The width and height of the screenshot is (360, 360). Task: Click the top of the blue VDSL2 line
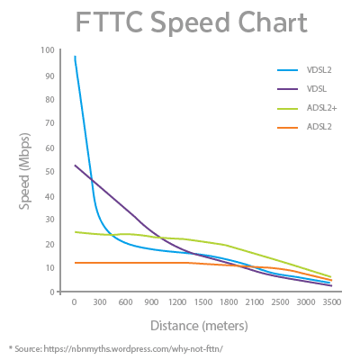pyautogui.click(x=75, y=56)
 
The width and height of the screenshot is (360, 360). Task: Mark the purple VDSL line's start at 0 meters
pyautogui.click(x=75, y=166)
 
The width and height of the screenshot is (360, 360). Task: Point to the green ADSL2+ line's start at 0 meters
pyautogui.click(x=75, y=231)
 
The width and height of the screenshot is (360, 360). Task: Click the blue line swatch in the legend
pyautogui.click(x=286, y=69)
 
